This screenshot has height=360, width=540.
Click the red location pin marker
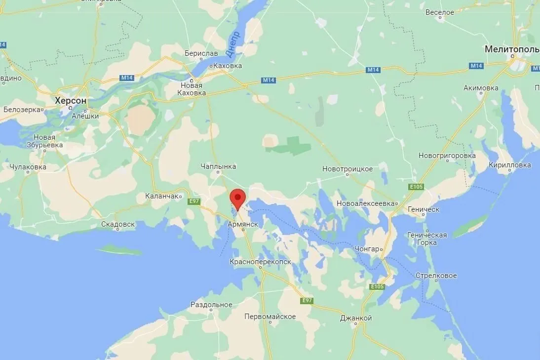point(238,199)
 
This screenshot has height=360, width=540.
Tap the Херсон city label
point(71,101)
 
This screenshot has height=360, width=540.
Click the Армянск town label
point(243,224)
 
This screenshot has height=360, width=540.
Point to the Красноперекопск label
point(260,262)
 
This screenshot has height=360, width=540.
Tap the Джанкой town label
point(356,318)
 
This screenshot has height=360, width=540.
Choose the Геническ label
point(424,209)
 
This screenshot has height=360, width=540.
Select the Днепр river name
point(232,44)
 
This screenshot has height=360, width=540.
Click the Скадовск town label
point(117,224)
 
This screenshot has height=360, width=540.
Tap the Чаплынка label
point(219,167)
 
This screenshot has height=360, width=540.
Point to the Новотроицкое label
point(347,169)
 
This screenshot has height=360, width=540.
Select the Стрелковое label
point(436,276)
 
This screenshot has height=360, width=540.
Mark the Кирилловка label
point(510,165)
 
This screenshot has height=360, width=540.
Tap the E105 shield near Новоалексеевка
point(417,187)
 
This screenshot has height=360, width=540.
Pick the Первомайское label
point(270,317)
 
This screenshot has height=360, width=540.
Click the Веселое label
point(439,12)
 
